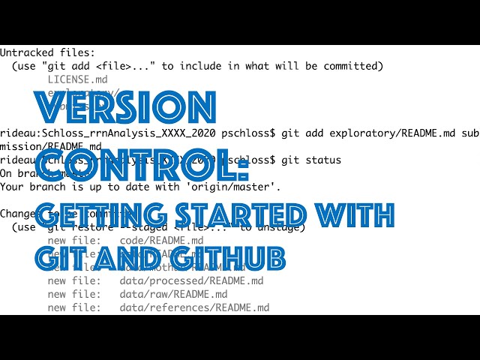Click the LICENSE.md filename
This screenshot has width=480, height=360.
pyautogui.click(x=77, y=79)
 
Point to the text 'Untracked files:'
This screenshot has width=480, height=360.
pyautogui.click(x=47, y=52)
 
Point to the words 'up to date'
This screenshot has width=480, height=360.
pyautogui.click(x=128, y=186)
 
